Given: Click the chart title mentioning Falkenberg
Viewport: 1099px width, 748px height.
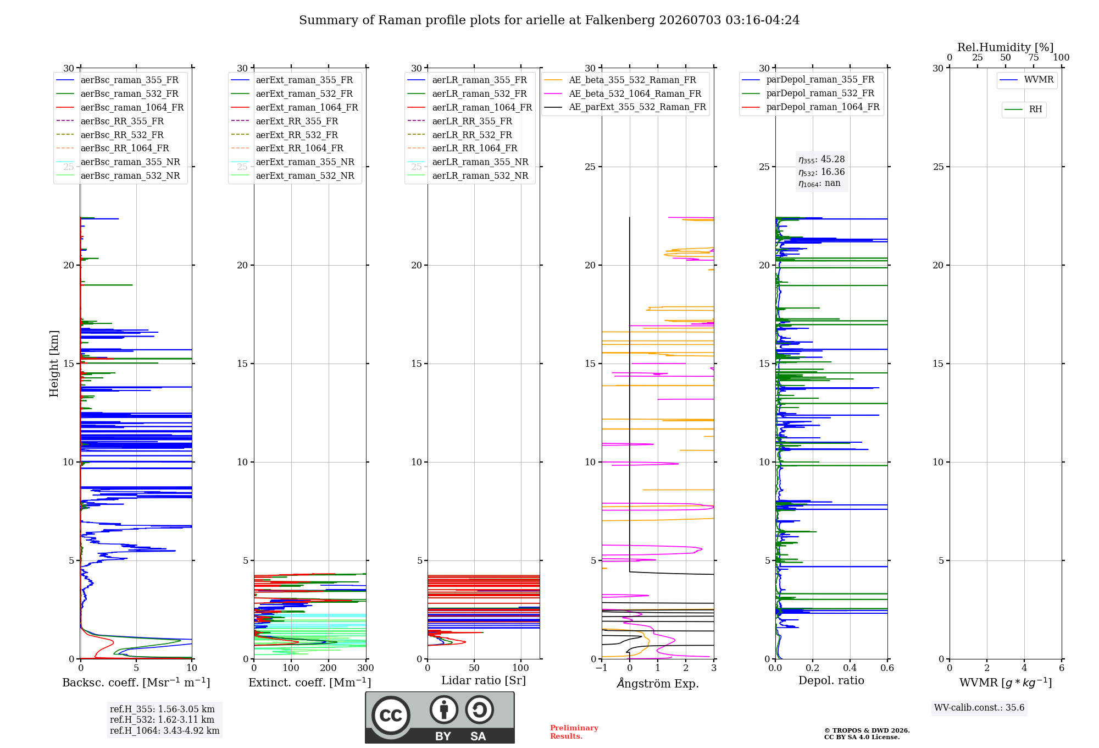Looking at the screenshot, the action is (x=549, y=20).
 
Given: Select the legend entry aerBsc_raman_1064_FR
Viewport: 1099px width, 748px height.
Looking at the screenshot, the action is (x=120, y=107).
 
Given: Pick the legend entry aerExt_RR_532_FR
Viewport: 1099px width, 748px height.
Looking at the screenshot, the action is (x=285, y=135).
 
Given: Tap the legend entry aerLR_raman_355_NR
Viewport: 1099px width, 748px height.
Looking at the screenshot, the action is (x=468, y=162).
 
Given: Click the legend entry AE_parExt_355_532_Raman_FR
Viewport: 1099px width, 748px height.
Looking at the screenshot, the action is (x=625, y=107).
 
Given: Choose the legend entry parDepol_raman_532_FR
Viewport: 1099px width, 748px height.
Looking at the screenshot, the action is (x=808, y=94).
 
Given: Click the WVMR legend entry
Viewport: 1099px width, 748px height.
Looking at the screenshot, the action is (x=1027, y=80).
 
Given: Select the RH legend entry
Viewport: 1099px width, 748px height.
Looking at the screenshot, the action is (x=1024, y=109).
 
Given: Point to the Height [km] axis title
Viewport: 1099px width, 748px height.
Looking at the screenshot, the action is (x=54, y=364).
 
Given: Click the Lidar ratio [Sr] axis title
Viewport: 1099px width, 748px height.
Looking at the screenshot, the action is (x=484, y=680).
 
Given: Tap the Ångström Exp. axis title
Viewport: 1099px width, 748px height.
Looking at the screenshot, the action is (x=658, y=683).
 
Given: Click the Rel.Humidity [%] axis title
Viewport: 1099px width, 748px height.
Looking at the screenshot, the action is (x=1006, y=47).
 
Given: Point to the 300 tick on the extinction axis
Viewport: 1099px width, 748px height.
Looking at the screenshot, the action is (x=365, y=668).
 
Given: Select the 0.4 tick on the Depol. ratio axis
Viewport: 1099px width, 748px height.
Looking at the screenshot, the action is (x=850, y=668).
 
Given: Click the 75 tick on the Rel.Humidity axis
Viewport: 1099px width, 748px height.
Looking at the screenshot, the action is (x=1034, y=58).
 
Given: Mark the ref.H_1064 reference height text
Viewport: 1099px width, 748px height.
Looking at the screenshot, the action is (x=165, y=730).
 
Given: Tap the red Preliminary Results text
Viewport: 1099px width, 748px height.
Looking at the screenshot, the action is (x=574, y=732).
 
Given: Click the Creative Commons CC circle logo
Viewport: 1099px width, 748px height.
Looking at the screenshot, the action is (x=391, y=716).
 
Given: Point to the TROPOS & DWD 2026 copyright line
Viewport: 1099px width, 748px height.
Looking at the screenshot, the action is (x=867, y=730).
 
